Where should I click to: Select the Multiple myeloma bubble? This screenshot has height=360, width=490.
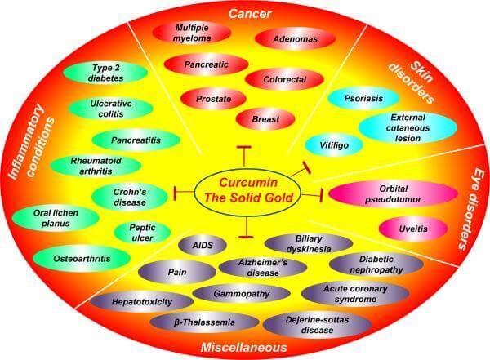click(x=192, y=33)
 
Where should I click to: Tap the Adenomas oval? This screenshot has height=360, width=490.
click(x=296, y=39)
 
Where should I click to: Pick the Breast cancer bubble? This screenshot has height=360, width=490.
click(x=265, y=119)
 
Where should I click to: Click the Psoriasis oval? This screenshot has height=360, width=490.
click(x=363, y=99)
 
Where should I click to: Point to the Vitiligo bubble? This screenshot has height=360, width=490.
click(x=334, y=145)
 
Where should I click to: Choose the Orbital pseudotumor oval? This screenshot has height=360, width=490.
click(x=394, y=194)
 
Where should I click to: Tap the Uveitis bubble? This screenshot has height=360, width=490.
click(x=413, y=229)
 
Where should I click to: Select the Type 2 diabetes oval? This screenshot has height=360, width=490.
click(x=105, y=73)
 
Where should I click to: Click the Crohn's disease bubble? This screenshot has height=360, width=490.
click(x=130, y=197)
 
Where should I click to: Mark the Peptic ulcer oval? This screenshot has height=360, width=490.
click(x=142, y=233)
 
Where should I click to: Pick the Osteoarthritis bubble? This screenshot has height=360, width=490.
click(x=82, y=259)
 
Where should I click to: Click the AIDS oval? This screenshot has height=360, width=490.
click(x=203, y=245)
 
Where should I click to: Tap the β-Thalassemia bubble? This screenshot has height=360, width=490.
click(x=204, y=322)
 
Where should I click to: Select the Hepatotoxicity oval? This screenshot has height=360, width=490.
click(x=142, y=301)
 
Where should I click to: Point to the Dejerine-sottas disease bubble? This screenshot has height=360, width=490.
click(x=317, y=325)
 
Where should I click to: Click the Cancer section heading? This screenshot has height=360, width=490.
click(x=250, y=14)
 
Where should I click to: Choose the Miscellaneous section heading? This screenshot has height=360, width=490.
click(x=243, y=347)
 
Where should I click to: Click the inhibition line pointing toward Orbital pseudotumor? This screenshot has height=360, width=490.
click(x=312, y=195)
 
